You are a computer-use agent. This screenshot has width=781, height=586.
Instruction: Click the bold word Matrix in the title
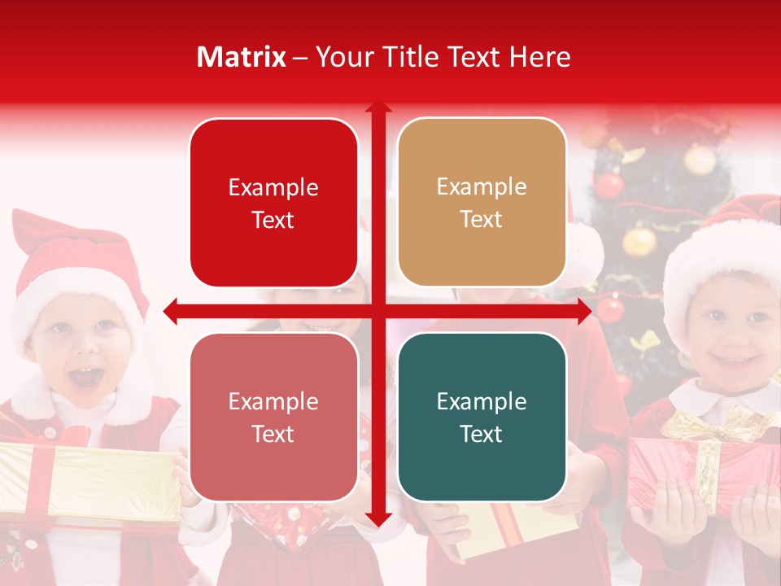tap(242, 57)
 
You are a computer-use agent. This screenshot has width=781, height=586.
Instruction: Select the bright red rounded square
tap(273, 203)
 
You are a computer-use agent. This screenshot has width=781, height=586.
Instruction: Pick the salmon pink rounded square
tap(273, 417)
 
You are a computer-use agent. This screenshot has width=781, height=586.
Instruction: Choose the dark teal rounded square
tap(482, 417)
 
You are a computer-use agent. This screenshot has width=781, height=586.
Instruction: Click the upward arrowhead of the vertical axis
tap(377, 107)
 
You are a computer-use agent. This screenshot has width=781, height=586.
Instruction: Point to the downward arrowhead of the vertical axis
tap(377, 518)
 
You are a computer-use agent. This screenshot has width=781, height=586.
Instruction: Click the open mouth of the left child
tap(87, 378)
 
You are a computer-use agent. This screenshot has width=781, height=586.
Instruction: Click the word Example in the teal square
tap(482, 401)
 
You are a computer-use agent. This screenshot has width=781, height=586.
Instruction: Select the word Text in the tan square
tap(482, 219)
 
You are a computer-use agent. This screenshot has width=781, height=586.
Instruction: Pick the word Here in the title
tap(540, 57)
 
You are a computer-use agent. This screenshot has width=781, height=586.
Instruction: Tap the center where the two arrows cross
tap(377, 310)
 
